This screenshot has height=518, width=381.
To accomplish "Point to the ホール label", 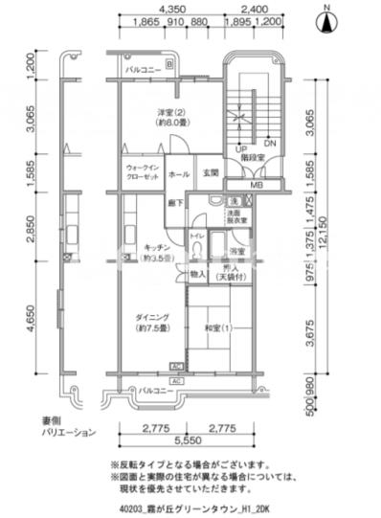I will tap(179, 175).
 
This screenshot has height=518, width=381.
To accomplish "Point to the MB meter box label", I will tap(257, 184).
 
